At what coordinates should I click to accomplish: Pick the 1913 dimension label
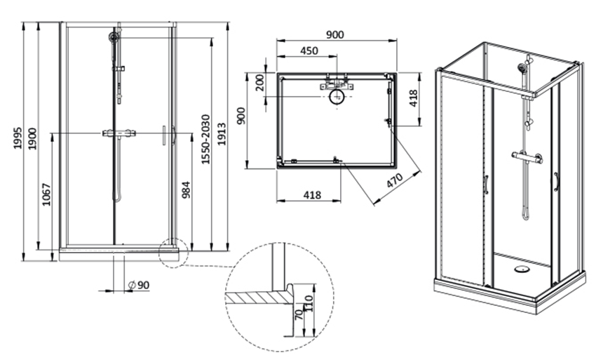(x=222, y=134)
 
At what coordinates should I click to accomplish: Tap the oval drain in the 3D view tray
(x=521, y=268)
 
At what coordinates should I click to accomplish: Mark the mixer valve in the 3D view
(x=527, y=158)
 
